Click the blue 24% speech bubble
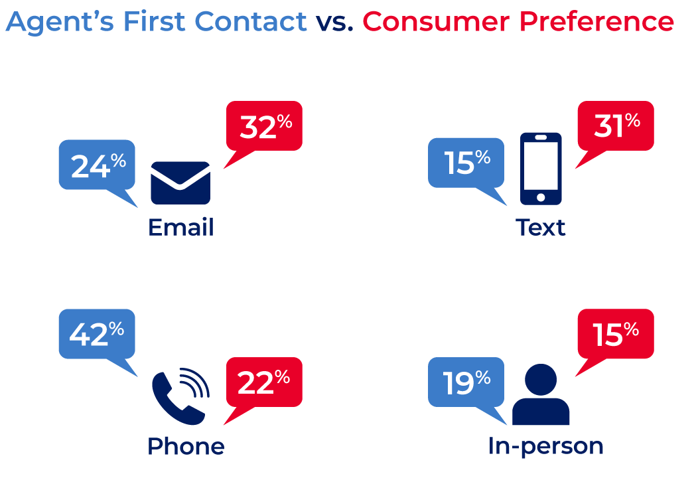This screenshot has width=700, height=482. point(97,165)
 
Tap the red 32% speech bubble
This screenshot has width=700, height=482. point(264,126)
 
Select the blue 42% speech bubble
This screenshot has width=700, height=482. point(97,334)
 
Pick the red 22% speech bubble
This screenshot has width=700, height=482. point(264,382)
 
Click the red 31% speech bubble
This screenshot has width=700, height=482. point(616,126)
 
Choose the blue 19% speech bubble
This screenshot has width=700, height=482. point(466,382)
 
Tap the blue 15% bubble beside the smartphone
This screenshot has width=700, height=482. point(466,163)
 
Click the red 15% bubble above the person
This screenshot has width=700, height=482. point(616,334)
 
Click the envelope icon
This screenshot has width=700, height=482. point(180,183)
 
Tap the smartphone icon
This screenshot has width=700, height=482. point(541,169)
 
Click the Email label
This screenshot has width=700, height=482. point(180,227)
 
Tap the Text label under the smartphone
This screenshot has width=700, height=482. point(541,227)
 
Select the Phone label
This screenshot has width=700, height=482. point(186,445)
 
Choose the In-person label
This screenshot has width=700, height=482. point(545,446)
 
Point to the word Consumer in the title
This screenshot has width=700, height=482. point(436,21)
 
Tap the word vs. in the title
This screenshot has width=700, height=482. point(334,23)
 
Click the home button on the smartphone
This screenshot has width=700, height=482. point(541,197)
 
